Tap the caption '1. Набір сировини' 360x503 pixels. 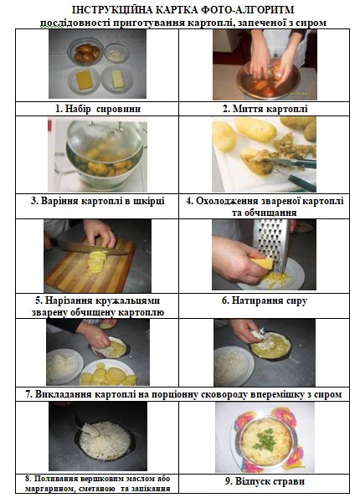pyautogui.click(x=98, y=109)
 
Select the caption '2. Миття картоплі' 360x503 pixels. pyautogui.click(x=265, y=109)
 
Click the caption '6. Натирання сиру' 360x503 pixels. pyautogui.click(x=265, y=300)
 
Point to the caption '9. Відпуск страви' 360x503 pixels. pyautogui.click(x=265, y=481)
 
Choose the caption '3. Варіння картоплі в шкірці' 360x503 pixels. pyautogui.click(x=98, y=201)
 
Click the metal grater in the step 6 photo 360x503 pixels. pyautogui.click(x=272, y=244)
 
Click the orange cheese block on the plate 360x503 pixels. pyautogui.click(x=84, y=80)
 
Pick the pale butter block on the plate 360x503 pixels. pyautogui.click(x=117, y=79)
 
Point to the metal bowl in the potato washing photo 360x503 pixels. pyautogui.click(x=269, y=80)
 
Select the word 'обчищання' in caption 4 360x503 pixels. pyautogui.click(x=264, y=213)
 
